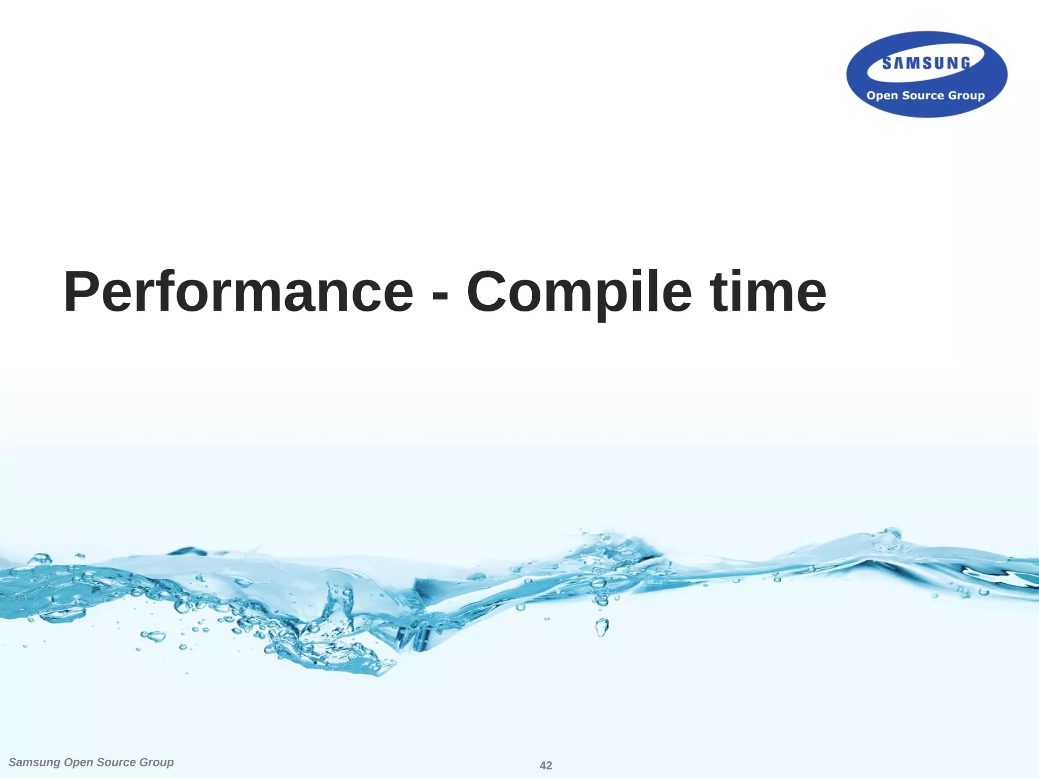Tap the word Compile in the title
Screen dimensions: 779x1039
tap(579, 292)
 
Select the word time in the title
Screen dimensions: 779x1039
tap(768, 292)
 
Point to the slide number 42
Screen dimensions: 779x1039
tap(546, 765)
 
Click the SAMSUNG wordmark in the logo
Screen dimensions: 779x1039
tap(926, 63)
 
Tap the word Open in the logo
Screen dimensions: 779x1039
tap(882, 96)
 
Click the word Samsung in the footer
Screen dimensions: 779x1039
tap(34, 762)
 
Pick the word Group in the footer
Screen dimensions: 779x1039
tap(156, 762)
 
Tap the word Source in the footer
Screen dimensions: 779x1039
tap(116, 762)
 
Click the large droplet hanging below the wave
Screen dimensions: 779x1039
tap(602, 628)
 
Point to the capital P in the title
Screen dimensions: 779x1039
tap(81, 292)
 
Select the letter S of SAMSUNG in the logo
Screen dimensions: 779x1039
tap(887, 63)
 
